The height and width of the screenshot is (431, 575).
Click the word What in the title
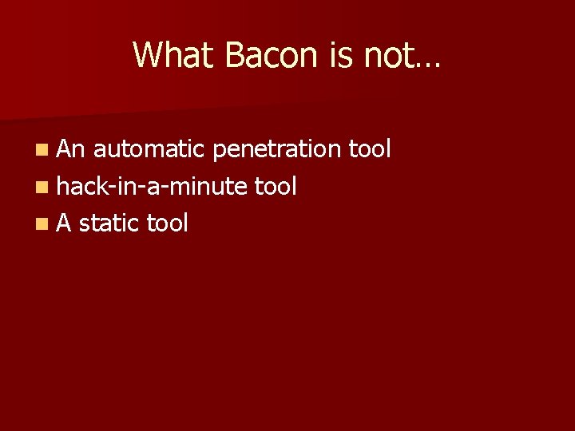(174, 55)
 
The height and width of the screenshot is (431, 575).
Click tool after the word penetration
(370, 148)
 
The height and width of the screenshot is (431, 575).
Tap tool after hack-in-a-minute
(276, 186)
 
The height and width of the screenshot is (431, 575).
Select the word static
(109, 223)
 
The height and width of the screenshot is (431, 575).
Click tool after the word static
(167, 223)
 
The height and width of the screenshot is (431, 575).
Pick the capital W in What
(149, 55)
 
